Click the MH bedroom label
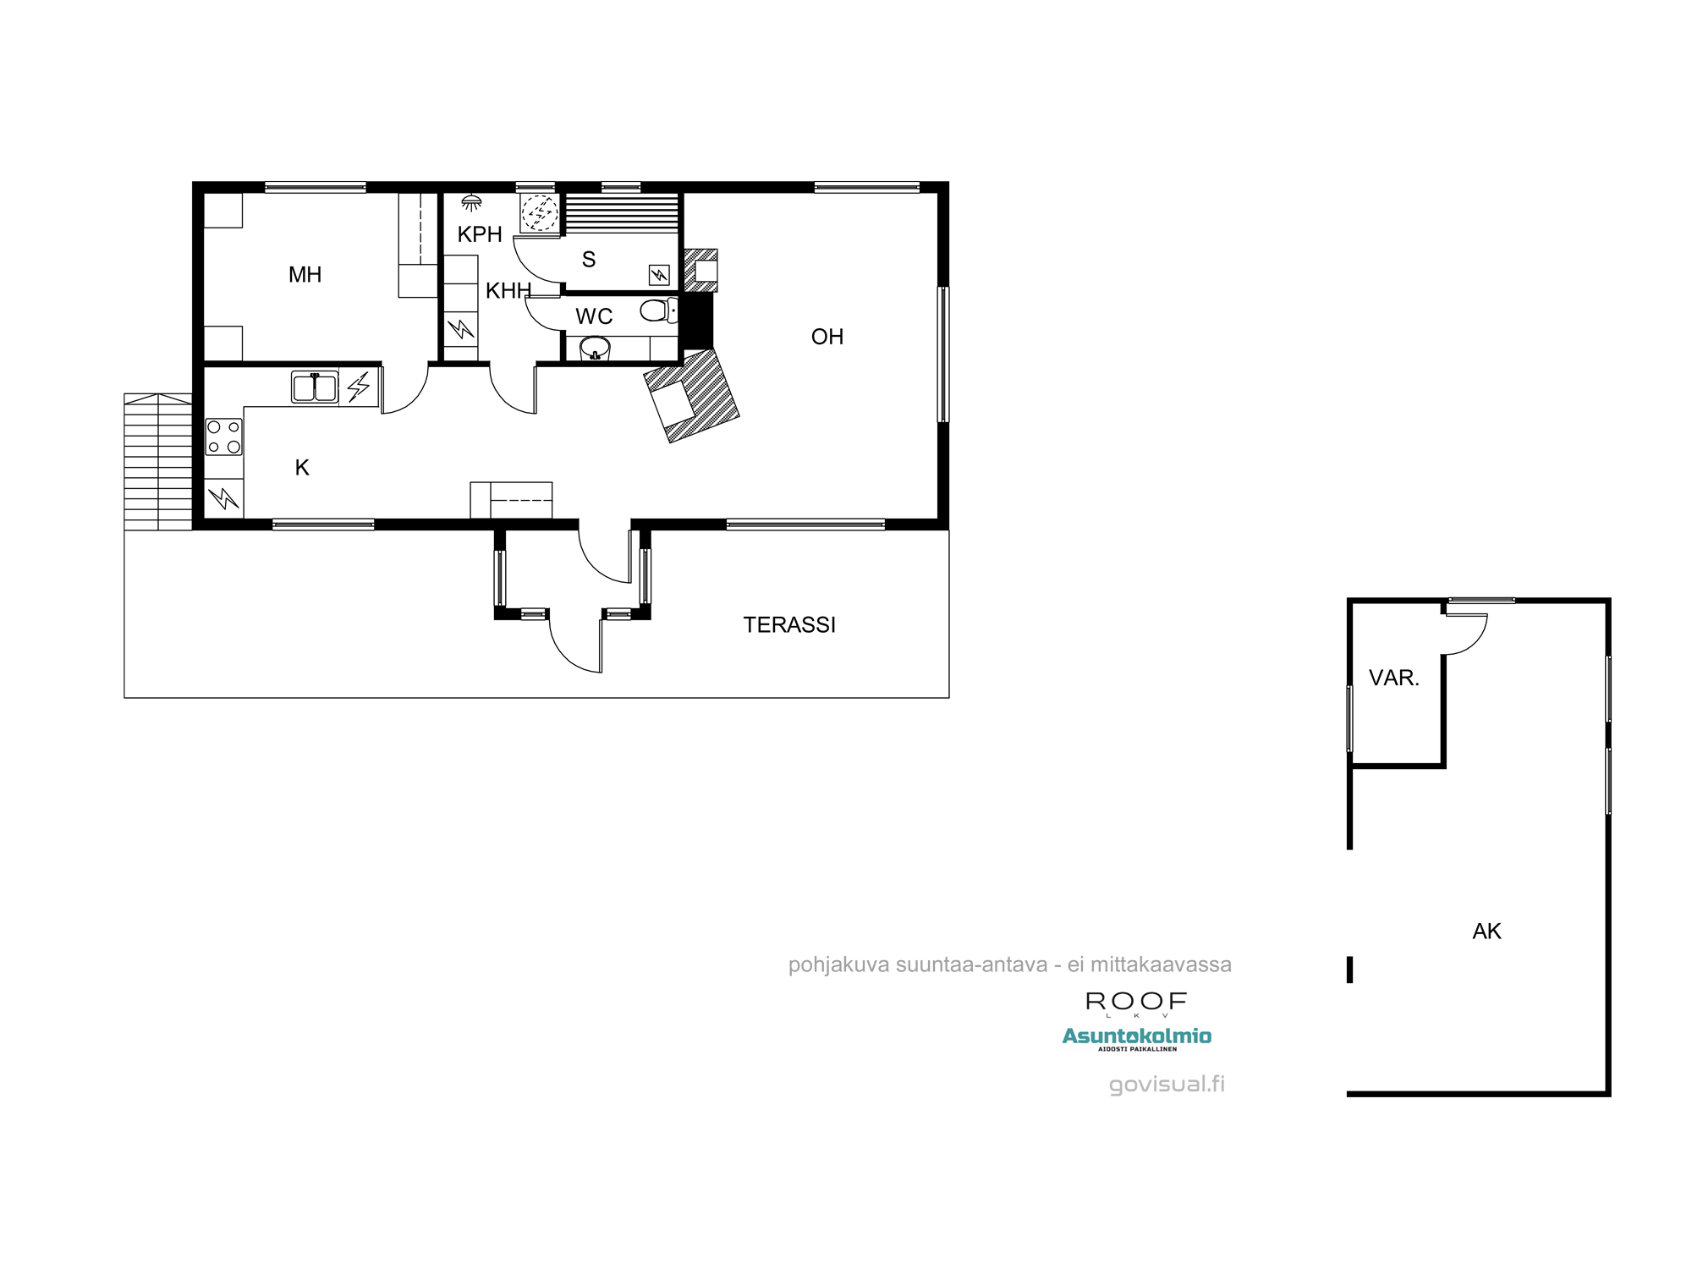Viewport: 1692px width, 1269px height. point(305,275)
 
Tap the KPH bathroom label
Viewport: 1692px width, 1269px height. point(480,234)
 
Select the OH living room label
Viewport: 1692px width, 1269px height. point(827,337)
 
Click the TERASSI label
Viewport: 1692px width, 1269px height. point(788,625)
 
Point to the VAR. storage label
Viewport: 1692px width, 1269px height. point(1393,678)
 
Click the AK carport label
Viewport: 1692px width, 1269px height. point(1486,931)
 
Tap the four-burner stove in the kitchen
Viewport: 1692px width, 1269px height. point(224,437)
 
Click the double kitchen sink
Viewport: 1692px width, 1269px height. point(315,387)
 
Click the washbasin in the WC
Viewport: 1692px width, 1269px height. point(595,348)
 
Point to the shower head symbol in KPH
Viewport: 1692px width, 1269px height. point(471,203)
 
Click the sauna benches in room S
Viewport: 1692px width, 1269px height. point(622,212)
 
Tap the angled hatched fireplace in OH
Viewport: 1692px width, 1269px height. point(692,396)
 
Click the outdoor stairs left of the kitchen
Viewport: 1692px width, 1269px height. point(158,461)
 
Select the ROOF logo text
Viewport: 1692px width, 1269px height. point(1136,1002)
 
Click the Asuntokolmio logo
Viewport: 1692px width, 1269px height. point(1136,1036)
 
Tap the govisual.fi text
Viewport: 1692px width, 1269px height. point(1167,1084)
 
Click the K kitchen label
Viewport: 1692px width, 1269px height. point(302,468)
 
